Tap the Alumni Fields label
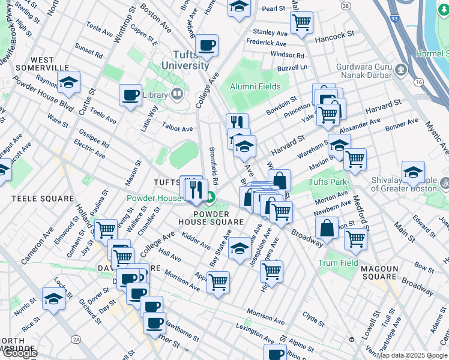point(255,86)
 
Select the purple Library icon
point(176,94)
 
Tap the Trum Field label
point(339,263)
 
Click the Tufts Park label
point(328,182)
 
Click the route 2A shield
point(76,340)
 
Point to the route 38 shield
point(345,5)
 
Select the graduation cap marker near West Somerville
point(69,83)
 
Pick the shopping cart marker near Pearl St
point(301,22)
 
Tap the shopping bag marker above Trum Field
point(326,228)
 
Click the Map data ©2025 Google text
point(412,355)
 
